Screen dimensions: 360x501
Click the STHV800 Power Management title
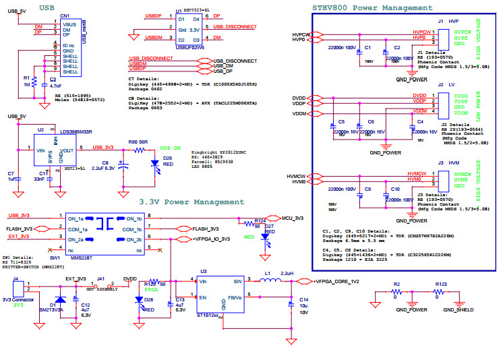[372, 8]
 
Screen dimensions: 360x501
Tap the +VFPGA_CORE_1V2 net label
[336, 280]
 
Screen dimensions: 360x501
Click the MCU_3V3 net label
[291, 218]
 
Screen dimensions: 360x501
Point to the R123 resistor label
[442, 284]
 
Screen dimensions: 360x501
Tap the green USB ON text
[171, 147]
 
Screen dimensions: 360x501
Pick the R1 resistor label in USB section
[26, 78]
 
